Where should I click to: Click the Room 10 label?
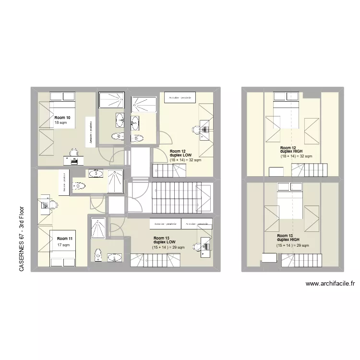62,118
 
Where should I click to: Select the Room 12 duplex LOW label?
180,153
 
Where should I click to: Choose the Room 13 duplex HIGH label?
288,238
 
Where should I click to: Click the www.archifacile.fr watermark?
330,284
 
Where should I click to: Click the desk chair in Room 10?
73,153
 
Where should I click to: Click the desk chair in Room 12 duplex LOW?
196,129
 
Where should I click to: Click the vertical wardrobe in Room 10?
90,130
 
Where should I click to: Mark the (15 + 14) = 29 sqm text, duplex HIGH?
292,246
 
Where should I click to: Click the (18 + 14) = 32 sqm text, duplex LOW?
185,160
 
